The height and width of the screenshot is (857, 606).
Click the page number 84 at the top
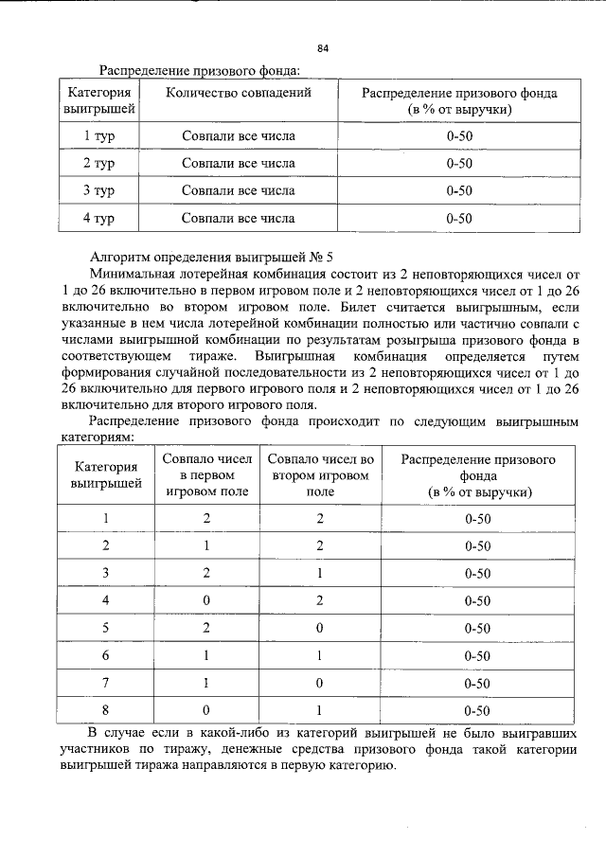tap(323, 47)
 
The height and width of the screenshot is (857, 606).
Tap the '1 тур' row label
tap(98, 135)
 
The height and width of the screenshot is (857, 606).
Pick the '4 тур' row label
tap(98, 218)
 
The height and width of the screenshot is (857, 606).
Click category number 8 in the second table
tap(106, 709)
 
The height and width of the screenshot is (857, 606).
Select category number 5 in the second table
tap(106, 627)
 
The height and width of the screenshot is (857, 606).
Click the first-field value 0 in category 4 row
tap(206, 599)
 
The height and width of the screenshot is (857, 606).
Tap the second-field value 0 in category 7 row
tap(321, 682)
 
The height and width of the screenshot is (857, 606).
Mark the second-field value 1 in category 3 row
tap(321, 572)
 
